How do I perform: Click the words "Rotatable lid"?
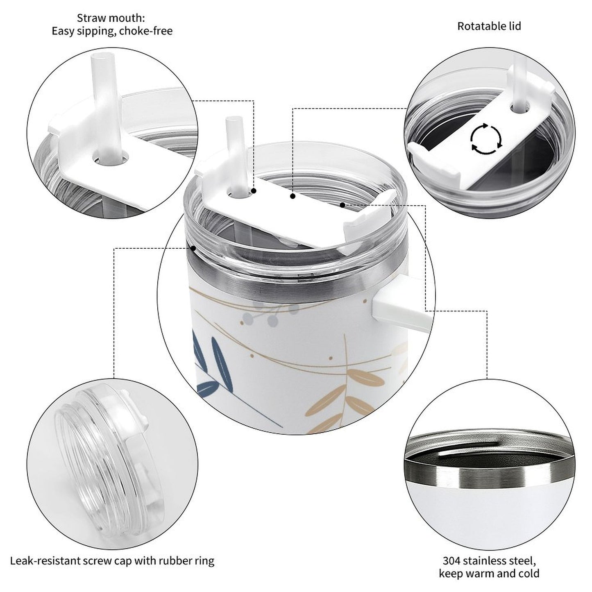489,26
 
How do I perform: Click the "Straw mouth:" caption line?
111,18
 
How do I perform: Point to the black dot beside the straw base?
254,191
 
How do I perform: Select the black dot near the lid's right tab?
342,204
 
